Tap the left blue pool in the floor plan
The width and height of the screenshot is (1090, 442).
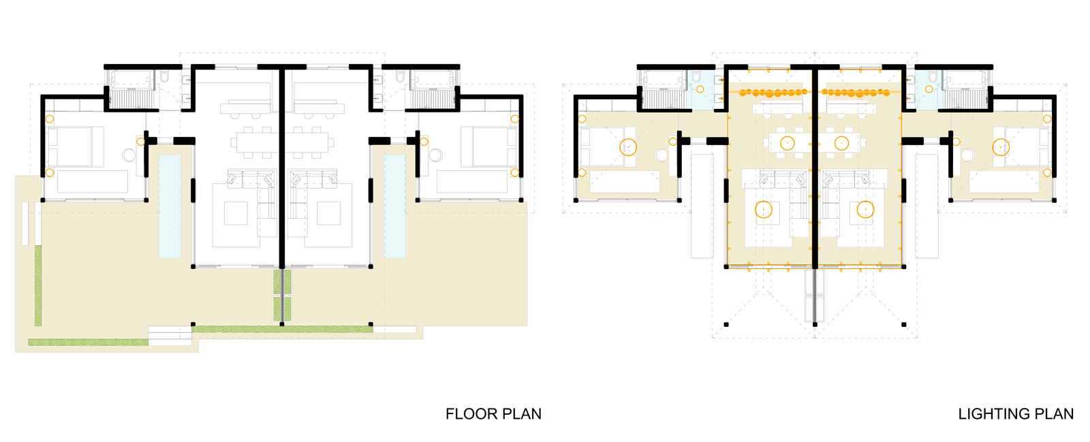point(170,206)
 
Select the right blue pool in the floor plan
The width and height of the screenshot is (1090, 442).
point(394,206)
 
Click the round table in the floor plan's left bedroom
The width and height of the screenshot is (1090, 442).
point(129,155)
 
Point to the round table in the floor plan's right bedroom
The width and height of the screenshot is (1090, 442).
point(435,155)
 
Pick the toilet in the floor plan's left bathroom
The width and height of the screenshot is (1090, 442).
point(164,77)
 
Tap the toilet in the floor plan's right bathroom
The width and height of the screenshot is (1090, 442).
point(401,77)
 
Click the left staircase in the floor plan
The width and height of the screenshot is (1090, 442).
point(132,99)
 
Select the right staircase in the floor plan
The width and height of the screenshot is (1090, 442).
point(432,99)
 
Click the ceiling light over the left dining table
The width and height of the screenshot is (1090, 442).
point(788,143)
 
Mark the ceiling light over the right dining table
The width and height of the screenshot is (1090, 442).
point(841,143)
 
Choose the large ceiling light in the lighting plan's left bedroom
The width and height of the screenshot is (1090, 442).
point(627,147)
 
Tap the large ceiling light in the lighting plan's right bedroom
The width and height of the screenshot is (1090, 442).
point(1001,147)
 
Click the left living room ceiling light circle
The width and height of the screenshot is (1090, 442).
point(764,210)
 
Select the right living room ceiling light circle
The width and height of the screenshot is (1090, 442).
point(866,210)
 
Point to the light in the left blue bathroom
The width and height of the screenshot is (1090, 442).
point(700,89)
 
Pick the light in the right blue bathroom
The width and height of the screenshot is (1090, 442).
point(929,89)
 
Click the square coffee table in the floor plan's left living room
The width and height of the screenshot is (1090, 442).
point(236,213)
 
